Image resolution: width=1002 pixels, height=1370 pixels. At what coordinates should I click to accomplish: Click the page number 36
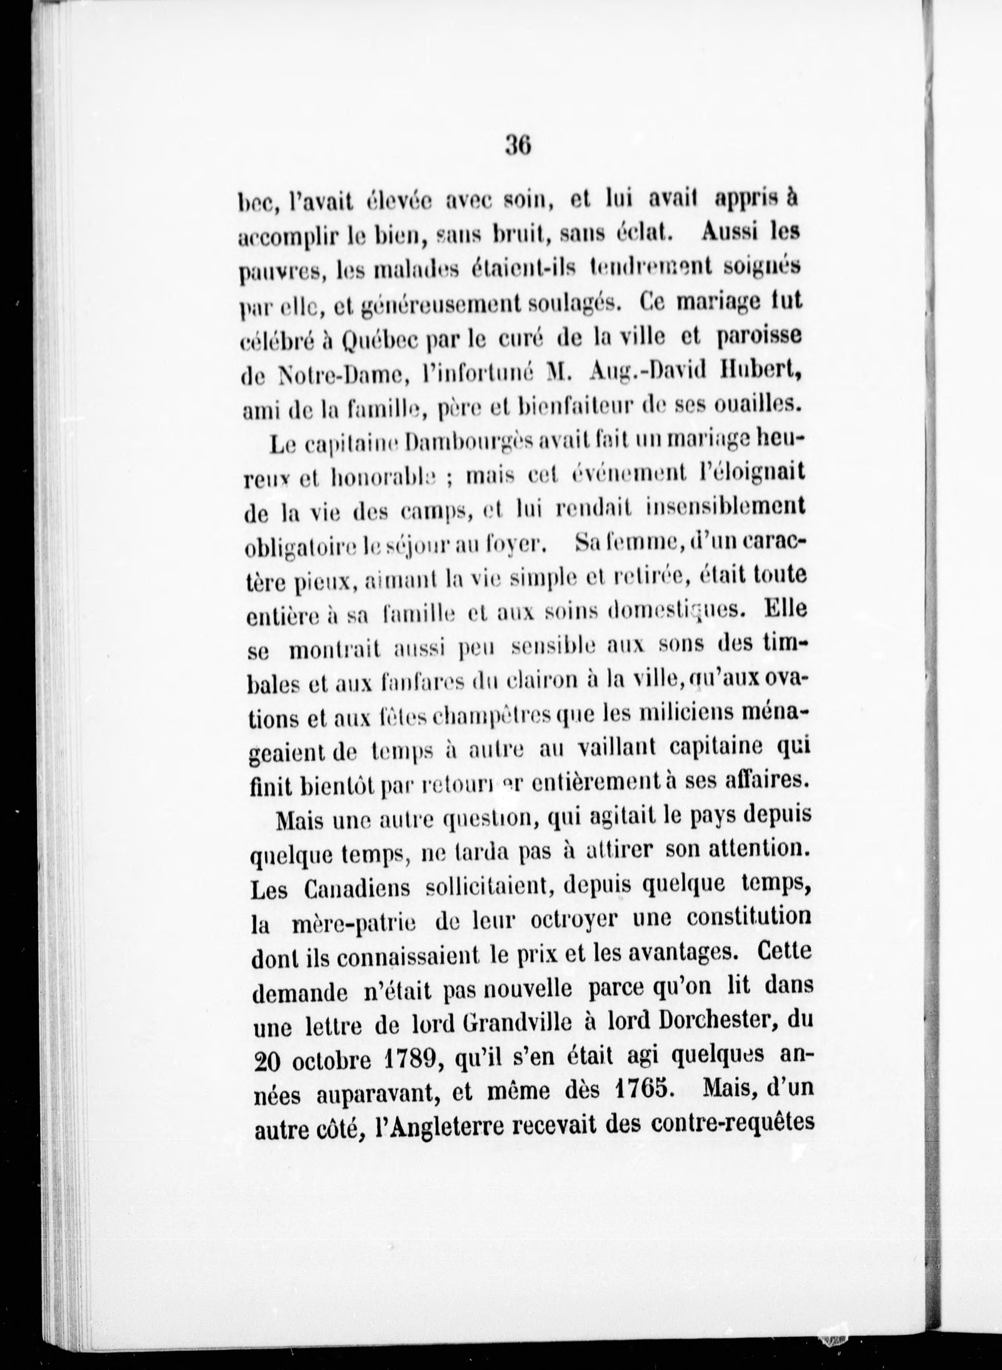point(518,147)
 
